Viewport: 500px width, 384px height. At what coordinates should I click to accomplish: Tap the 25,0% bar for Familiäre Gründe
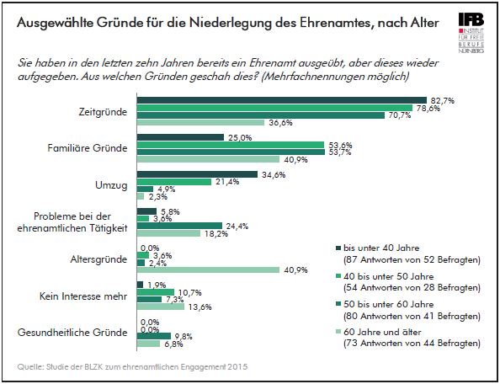pyautogui.click(x=179, y=136)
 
